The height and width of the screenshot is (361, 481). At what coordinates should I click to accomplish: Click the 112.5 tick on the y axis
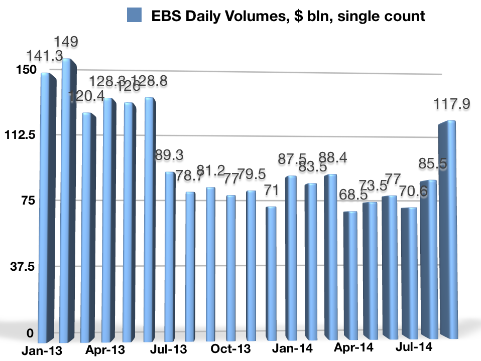[19, 135]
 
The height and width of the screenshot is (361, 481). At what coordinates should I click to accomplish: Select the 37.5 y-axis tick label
[22, 266]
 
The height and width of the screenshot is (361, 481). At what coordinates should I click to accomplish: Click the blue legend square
[136, 16]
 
